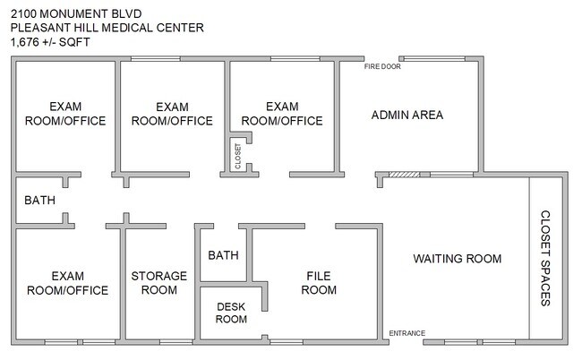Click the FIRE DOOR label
coord(382,67)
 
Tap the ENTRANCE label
coord(407,333)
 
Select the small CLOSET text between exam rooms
coord(238,156)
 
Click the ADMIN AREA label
coord(407,115)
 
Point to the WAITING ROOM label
coord(458,259)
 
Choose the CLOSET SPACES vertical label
coord(545,258)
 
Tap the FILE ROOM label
coord(319,283)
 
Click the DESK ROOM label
coord(231,313)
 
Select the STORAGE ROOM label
coord(159,283)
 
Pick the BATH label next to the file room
coord(223,255)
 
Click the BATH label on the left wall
coord(39,201)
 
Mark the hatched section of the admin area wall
coord(404,175)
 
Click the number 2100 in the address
coord(23,14)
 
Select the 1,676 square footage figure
coord(25,42)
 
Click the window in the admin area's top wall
coord(434,58)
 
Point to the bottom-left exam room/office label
coord(67,283)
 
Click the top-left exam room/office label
coord(65,114)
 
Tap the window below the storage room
coord(175,342)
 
